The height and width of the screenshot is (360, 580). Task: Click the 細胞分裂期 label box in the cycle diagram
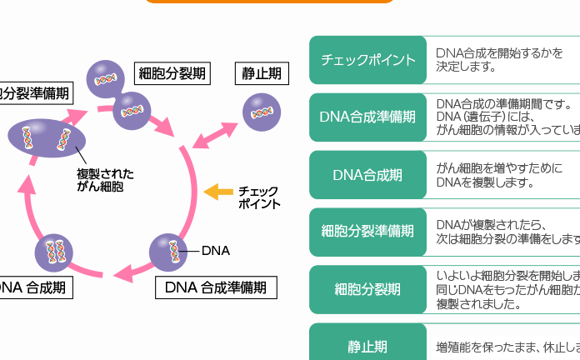pos(172,73)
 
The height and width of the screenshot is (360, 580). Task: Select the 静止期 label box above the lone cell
pos(261,73)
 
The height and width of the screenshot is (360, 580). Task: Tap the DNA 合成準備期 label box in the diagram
pos(216,288)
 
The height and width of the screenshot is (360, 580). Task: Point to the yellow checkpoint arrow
pos(218,192)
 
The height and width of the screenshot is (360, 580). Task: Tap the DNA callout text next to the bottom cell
pos(215,250)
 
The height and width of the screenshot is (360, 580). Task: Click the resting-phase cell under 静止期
pos(261,112)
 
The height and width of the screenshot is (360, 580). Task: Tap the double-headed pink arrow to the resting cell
pos(216,134)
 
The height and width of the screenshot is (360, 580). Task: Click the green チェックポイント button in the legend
pos(367,60)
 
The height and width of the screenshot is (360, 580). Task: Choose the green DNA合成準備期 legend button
pos(367,117)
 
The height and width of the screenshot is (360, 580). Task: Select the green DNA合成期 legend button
pos(367,175)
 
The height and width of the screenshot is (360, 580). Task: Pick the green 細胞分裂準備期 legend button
pos(367,232)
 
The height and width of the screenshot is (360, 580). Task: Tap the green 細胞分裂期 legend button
pos(367,289)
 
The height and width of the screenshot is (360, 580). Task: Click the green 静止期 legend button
pos(367,345)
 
